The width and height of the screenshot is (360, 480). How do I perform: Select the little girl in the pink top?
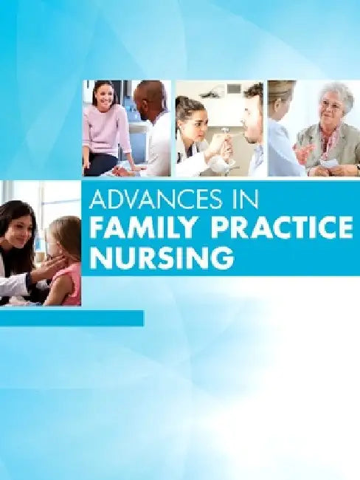point(65,258)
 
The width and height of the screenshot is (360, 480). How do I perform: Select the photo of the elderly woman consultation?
point(313,128)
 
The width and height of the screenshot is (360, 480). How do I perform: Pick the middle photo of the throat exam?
point(219,128)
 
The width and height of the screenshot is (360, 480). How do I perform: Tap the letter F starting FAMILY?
point(95,231)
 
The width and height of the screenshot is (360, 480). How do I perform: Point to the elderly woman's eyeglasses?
point(332,106)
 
